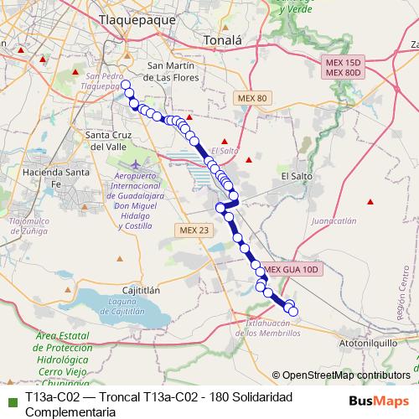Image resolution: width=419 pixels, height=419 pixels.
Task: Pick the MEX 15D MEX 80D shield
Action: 344,68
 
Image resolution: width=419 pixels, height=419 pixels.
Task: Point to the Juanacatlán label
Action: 333,221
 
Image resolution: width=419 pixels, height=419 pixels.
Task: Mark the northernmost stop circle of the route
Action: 126,85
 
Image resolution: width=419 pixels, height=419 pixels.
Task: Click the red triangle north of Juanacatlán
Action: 370,202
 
